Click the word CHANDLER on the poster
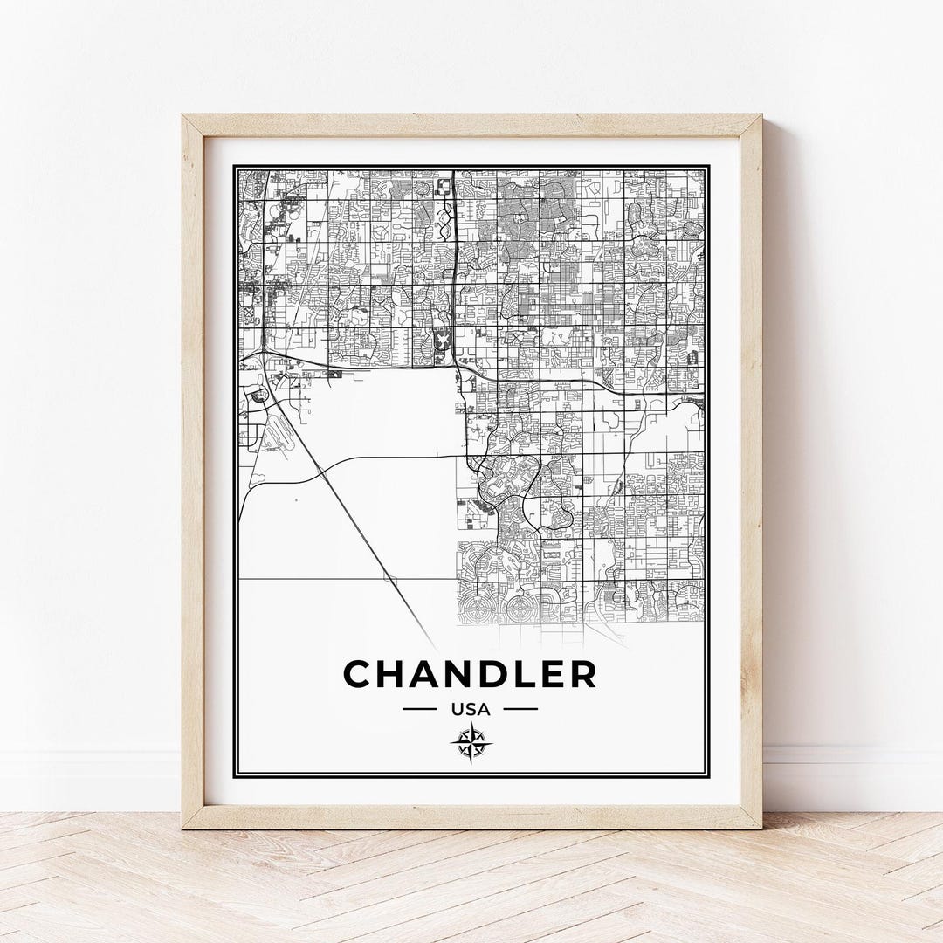[x=470, y=674]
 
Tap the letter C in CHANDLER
[x=359, y=674]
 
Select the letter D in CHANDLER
[x=488, y=674]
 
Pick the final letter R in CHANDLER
[x=582, y=674]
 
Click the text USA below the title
[x=470, y=709]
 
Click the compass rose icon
[x=471, y=743]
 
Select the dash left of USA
[x=419, y=709]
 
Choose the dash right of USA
[x=521, y=709]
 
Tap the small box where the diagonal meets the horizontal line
[x=389, y=579]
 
